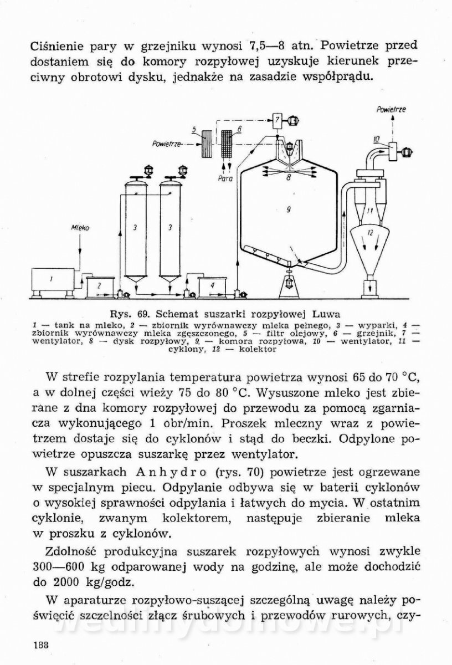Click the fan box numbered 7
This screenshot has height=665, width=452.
pyautogui.click(x=276, y=119)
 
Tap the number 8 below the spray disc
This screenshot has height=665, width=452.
pyautogui.click(x=288, y=178)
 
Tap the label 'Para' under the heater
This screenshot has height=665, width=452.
pyautogui.click(x=225, y=179)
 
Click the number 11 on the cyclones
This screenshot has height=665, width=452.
pyautogui.click(x=369, y=211)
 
